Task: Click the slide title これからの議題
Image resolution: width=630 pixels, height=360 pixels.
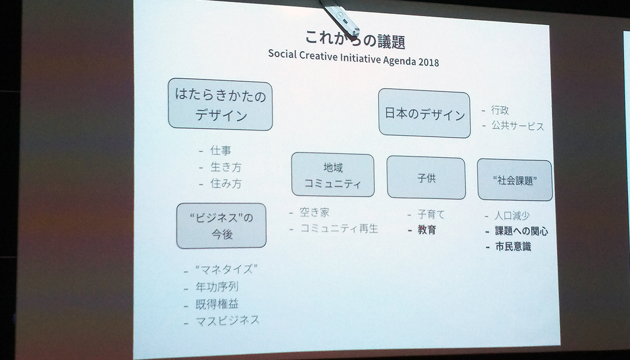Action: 355,40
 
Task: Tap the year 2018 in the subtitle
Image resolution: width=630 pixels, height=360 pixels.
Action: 428,62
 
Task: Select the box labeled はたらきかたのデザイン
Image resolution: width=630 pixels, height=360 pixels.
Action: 220,104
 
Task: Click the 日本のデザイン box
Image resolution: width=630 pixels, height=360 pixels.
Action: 424,113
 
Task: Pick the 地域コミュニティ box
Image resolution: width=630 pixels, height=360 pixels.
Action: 333,175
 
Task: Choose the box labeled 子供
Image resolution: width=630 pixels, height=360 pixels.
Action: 427,178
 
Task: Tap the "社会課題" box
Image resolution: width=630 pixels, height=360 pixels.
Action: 515,180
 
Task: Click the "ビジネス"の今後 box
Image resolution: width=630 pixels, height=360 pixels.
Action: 221,226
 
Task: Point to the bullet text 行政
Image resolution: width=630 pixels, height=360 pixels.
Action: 500,110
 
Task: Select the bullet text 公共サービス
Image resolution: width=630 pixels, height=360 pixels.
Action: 517,126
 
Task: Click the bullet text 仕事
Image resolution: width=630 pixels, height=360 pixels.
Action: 220,150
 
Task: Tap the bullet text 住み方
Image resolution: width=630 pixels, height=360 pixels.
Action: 226,184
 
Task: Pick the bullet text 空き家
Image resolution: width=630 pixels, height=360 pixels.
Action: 315,212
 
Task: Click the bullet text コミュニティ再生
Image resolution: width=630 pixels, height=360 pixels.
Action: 339,229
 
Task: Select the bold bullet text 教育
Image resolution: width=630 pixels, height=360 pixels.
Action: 427,230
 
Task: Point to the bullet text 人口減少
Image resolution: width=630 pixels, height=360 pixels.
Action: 512,216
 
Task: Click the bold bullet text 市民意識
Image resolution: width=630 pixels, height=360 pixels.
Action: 513,247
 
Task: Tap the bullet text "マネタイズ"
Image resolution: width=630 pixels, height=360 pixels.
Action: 226,270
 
